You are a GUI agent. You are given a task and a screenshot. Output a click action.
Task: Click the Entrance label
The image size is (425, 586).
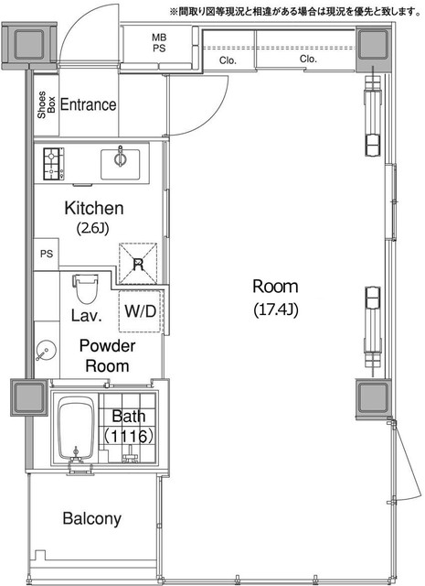pyautogui.click(x=88, y=104)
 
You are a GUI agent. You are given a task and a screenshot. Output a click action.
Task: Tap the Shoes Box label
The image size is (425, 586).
pyautogui.click(x=47, y=104)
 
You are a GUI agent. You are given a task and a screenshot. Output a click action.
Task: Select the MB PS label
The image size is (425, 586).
pyautogui.click(x=159, y=43)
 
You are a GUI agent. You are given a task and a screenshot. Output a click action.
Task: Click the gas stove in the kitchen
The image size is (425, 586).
pyautogui.click(x=53, y=164)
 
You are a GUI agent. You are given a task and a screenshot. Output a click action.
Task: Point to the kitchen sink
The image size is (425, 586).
pyautogui.click(x=120, y=165)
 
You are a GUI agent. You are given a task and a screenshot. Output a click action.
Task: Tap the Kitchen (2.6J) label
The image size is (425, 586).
pyautogui.click(x=93, y=218)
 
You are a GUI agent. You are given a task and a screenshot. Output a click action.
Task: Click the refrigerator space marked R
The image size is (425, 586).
pyautogui.click(x=138, y=264)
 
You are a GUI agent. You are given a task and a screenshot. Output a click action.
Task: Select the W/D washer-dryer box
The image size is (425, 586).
pyautogui.click(x=140, y=311)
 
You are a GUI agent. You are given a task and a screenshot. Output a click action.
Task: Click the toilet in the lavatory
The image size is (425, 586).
pyautogui.click(x=86, y=289)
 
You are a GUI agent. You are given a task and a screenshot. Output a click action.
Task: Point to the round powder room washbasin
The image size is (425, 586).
pyautogui.click(x=47, y=351)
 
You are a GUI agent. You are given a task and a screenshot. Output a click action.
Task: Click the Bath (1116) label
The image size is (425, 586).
pyautogui.click(x=128, y=426)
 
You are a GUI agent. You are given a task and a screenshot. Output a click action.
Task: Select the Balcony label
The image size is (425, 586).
pyautogui.click(x=91, y=519)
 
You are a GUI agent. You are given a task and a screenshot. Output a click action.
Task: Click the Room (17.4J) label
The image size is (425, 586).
pyautogui.click(x=275, y=298)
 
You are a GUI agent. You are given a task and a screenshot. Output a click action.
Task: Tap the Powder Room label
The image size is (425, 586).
pyautogui.click(x=107, y=356)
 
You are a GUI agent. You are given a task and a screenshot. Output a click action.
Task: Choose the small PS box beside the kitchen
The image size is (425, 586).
pyautogui.click(x=47, y=255)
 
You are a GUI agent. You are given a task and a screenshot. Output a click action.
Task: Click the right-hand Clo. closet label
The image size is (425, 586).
pyautogui.click(x=308, y=59)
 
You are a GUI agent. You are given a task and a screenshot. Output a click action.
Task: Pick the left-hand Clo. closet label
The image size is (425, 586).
pyautogui.click(x=228, y=60)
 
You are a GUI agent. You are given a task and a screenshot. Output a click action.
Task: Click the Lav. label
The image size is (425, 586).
pyautogui.click(x=86, y=316)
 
